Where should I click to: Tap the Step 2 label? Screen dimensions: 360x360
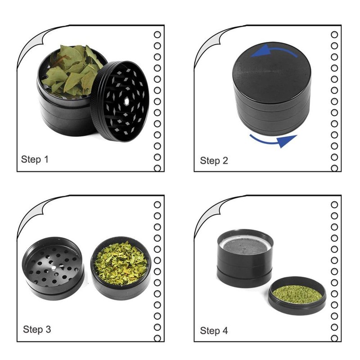point(214,161)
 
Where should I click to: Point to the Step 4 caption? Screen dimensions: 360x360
point(214,331)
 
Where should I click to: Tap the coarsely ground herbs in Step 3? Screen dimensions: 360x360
point(120,263)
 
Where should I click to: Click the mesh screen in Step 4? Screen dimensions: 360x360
point(245,245)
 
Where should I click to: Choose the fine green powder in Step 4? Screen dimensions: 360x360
point(297,294)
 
